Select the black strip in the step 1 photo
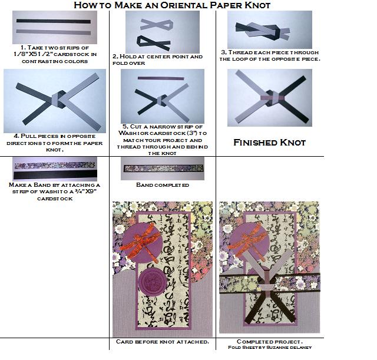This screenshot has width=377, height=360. (53, 30)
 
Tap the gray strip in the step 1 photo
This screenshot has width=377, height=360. (53, 22)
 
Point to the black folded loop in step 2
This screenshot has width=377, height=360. (151, 42)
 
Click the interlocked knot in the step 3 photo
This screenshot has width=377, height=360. (260, 28)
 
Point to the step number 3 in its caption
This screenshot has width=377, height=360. (223, 52)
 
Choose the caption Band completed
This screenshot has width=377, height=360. (162, 185)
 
